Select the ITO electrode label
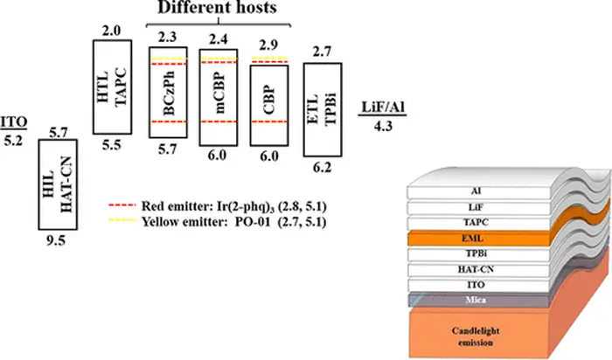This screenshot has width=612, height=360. (13, 122)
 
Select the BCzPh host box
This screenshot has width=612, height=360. (166, 96)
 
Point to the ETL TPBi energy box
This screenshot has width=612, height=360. (321, 109)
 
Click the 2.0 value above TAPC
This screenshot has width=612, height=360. (111, 31)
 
